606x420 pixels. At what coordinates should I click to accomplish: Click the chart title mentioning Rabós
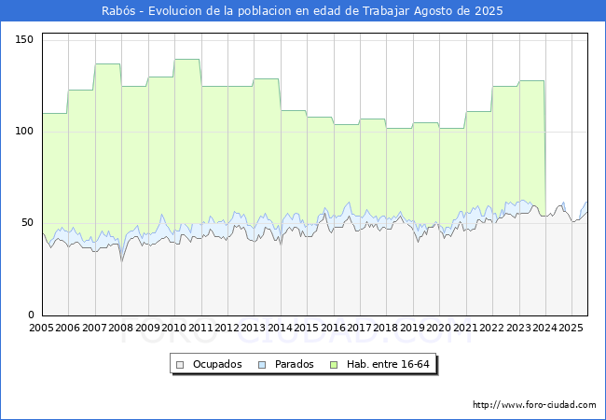point(302,11)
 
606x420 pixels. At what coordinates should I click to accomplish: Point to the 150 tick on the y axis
point(23,39)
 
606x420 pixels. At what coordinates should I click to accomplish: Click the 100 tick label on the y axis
point(23,131)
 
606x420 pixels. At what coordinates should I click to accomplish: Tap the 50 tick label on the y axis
point(27,223)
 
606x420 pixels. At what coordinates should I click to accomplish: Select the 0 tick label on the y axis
point(30,315)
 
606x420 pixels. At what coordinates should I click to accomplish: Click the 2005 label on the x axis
point(42,329)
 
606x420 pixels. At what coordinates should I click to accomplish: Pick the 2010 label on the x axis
point(174,329)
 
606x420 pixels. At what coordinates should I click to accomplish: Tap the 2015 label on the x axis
point(307,329)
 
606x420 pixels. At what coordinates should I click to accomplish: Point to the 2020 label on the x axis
point(439,329)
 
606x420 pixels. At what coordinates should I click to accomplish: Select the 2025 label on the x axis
point(572,329)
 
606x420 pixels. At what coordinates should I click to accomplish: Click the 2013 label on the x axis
point(254,329)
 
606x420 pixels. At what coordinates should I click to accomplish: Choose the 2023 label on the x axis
point(518,329)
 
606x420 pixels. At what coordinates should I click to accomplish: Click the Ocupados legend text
point(217,364)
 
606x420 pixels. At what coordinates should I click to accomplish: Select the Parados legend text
point(295,364)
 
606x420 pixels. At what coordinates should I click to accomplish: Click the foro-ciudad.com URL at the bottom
point(534,405)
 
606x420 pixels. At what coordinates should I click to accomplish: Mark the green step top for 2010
point(187,60)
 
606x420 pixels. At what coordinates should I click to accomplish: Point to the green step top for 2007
point(108,63)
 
